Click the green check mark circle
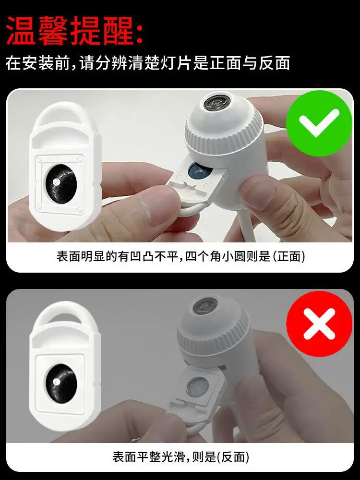pyautogui.click(x=319, y=123)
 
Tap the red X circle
pyautogui.click(x=319, y=324)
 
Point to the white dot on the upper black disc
pyautogui.click(x=56, y=182)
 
